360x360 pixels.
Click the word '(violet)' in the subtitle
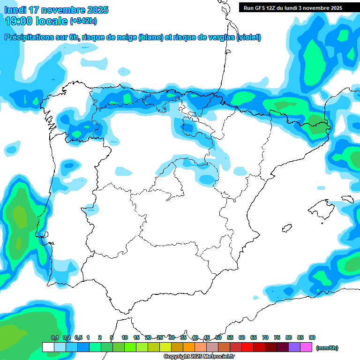tap(248, 37)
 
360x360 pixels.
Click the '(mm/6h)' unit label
tap(327, 348)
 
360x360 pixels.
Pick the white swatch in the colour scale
tap(48, 347)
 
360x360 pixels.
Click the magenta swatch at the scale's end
tap(306, 347)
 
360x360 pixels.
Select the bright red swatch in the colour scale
tap(247, 347)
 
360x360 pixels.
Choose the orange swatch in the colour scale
tap(188, 347)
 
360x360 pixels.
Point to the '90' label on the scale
tap(312, 337)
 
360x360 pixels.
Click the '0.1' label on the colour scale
tap(55, 337)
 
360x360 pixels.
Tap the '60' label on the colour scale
tap(242, 337)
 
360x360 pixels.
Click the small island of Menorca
tap(347, 199)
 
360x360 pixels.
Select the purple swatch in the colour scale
tap(294, 347)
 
